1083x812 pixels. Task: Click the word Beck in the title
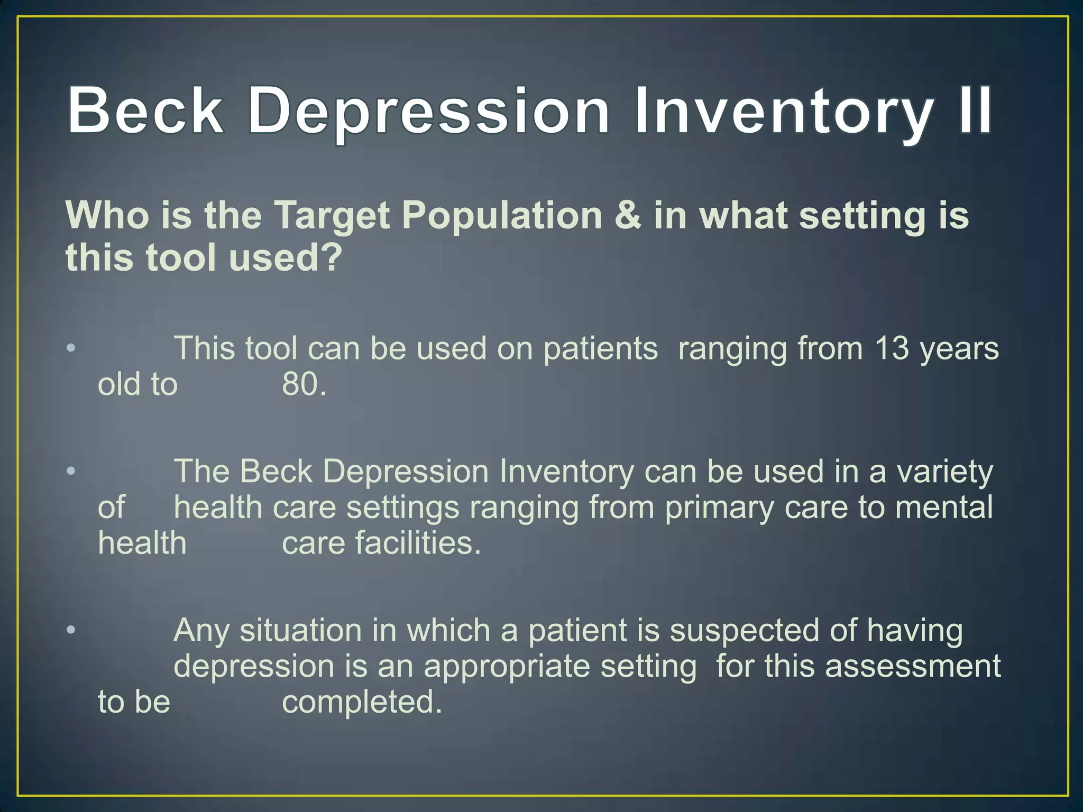145,111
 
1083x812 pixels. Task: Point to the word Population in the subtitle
502,216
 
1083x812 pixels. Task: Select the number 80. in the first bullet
304,384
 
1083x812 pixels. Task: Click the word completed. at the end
362,703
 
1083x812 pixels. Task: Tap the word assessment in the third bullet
913,666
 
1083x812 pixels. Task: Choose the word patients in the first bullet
601,349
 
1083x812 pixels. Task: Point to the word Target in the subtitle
333,216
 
